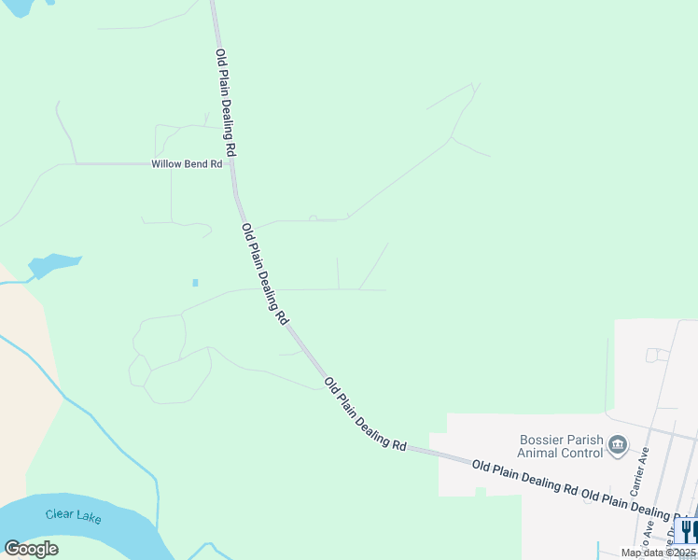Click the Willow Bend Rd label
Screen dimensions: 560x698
click(x=187, y=164)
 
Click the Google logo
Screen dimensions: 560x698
click(x=31, y=549)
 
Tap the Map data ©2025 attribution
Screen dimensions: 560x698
click(x=658, y=553)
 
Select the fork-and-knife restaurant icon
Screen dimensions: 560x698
click(x=687, y=531)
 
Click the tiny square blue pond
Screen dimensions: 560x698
click(x=195, y=282)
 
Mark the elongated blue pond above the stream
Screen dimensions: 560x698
click(x=54, y=265)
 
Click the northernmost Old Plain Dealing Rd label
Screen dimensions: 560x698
click(x=225, y=103)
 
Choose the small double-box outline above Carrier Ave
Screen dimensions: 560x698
click(x=657, y=356)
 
